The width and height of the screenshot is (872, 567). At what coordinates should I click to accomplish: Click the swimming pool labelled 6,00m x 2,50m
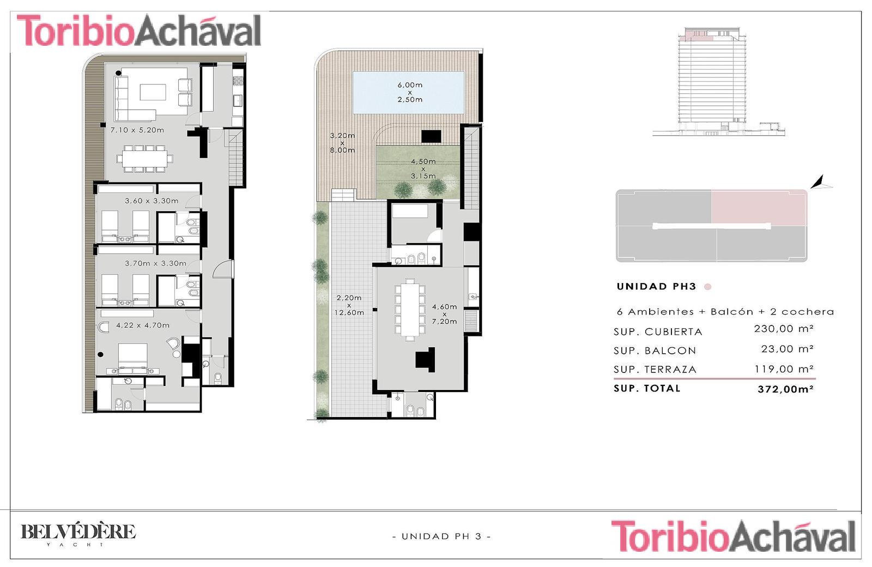(408, 92)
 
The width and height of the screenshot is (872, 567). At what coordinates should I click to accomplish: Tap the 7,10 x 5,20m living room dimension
(137, 130)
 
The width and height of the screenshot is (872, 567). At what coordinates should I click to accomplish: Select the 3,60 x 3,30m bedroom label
(152, 201)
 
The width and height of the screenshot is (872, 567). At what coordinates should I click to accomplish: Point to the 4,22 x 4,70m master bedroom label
(143, 325)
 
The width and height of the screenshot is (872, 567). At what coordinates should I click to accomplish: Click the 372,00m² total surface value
(785, 389)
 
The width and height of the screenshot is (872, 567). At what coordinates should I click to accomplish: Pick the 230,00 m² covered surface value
(784, 329)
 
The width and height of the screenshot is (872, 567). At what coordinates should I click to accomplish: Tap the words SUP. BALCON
(655, 351)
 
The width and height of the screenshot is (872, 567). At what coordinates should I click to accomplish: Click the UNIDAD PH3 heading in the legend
(656, 287)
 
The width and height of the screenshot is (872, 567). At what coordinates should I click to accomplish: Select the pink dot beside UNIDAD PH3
(708, 287)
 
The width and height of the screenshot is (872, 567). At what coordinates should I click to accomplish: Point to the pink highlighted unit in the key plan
(759, 207)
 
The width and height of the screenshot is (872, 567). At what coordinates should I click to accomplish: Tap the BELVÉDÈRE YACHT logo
(78, 535)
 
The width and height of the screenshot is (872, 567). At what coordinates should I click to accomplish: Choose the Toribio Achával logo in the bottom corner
(733, 536)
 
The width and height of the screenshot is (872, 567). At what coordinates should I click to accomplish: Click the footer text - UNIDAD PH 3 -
(441, 536)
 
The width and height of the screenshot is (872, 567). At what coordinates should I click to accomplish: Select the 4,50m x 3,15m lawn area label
(423, 168)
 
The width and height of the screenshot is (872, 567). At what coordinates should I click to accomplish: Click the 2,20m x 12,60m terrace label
(349, 305)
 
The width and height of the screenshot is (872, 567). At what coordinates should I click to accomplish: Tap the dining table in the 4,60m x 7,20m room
(410, 309)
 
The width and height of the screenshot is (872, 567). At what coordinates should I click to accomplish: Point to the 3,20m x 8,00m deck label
(342, 142)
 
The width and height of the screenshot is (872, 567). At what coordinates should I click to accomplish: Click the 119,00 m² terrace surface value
(784, 369)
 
